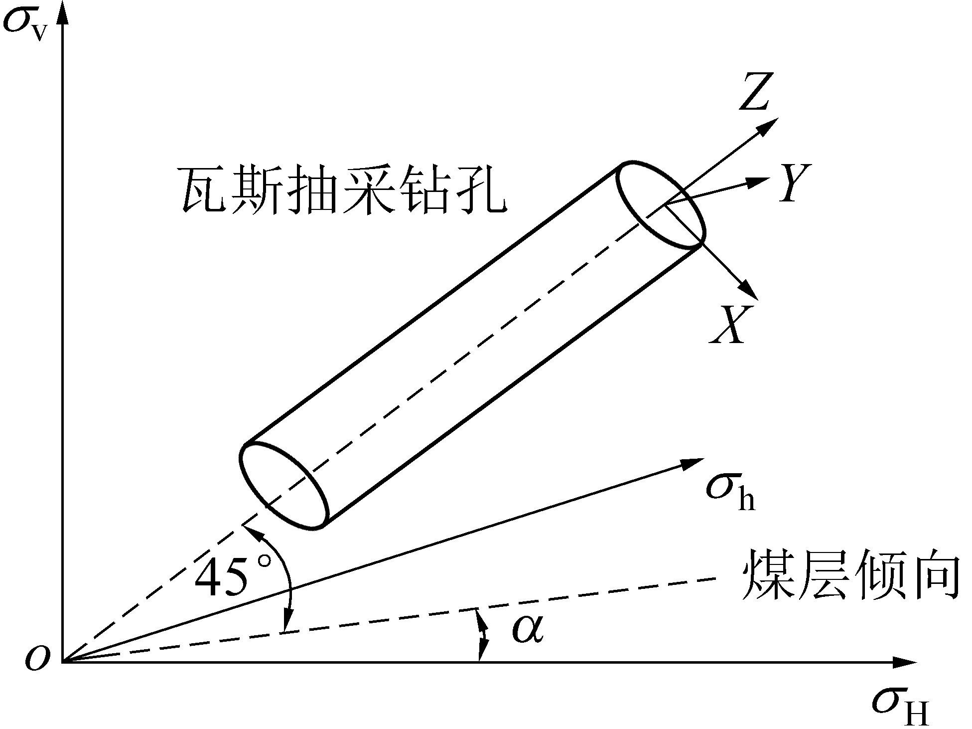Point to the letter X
[x=730, y=325]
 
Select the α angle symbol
[x=528, y=629]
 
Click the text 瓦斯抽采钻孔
[x=343, y=190]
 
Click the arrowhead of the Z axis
[x=768, y=127]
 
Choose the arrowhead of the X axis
[x=748, y=291]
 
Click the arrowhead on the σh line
[x=693, y=463]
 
